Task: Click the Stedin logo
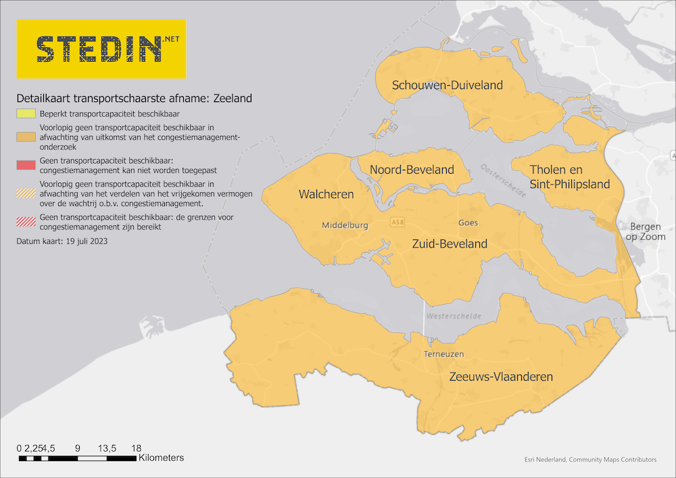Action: pos(101,49)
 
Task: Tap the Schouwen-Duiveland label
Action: pos(448,85)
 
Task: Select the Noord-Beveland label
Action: pos(412,170)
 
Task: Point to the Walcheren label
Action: pos(326,195)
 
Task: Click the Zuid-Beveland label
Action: pos(449,244)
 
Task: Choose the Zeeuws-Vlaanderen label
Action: pos(501,377)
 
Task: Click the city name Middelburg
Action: pos(345,226)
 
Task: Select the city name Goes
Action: pos(468,222)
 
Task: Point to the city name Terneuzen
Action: pos(443,354)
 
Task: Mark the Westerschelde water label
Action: pos(454,316)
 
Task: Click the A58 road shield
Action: pos(398,222)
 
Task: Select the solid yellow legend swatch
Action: pos(26,114)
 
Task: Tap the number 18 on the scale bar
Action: pos(136,448)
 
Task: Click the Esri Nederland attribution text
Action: pos(590,460)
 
